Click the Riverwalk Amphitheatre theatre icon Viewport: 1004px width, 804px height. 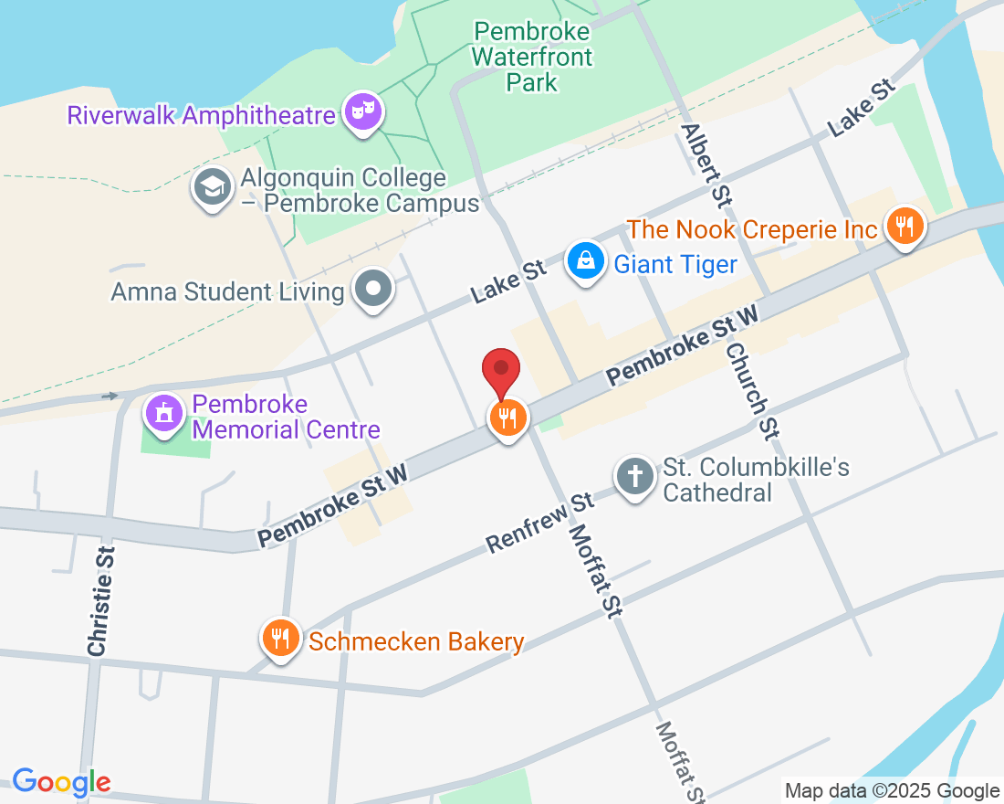[x=363, y=113]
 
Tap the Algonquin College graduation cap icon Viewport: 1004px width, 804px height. [x=212, y=188]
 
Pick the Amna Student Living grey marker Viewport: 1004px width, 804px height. [x=372, y=290]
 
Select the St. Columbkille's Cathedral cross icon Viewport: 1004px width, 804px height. [x=635, y=477]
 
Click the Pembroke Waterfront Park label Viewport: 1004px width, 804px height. [x=532, y=57]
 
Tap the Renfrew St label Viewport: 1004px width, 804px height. [x=539, y=524]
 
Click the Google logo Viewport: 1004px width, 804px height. [x=61, y=782]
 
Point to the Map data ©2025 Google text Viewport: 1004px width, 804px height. [x=892, y=791]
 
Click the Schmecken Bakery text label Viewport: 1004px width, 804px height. [x=416, y=641]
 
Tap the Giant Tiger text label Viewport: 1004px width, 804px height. [x=675, y=265]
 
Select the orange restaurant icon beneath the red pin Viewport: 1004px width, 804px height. [x=507, y=418]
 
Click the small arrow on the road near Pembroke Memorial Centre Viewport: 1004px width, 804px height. [x=110, y=396]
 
